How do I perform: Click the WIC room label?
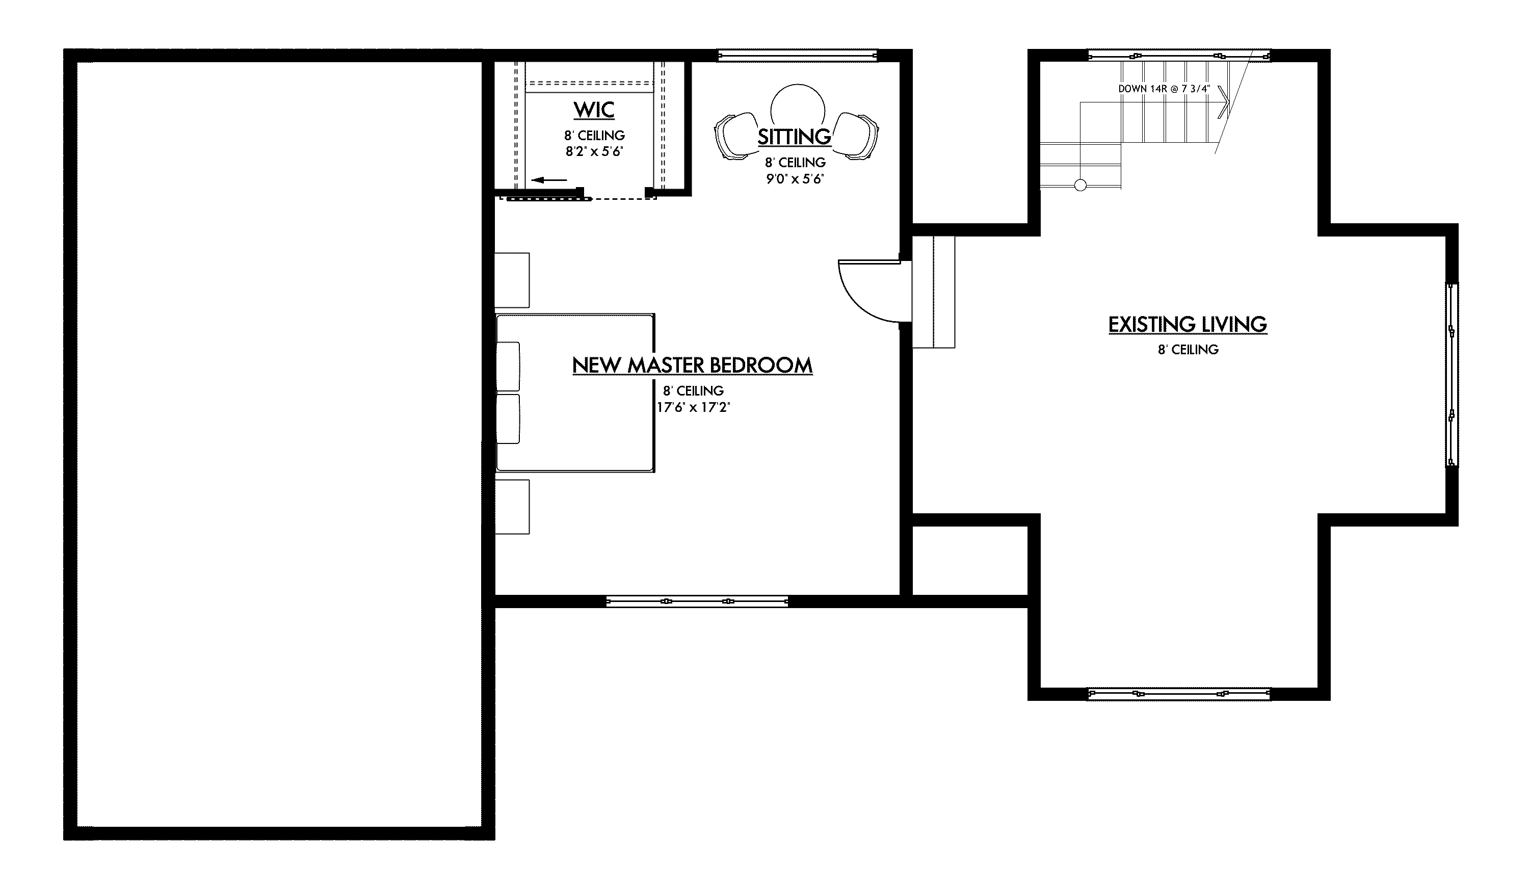coord(594,110)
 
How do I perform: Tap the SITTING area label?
coord(794,137)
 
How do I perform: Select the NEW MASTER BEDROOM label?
coord(692,365)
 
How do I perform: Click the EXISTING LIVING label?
coord(1188,325)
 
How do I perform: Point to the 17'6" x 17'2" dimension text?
coord(693,407)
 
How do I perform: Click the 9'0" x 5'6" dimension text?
coord(795,179)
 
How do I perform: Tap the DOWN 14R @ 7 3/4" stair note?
coord(1164,89)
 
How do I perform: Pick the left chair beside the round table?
coord(735,137)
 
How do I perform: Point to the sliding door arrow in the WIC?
coord(549,179)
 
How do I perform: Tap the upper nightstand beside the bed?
coord(512,280)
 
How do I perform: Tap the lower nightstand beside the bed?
coord(512,507)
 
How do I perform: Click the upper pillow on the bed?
coord(509,366)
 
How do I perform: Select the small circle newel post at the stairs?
coord(1080,186)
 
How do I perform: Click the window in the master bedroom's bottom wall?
coord(697,601)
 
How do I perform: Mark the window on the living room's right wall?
coord(1452,375)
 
